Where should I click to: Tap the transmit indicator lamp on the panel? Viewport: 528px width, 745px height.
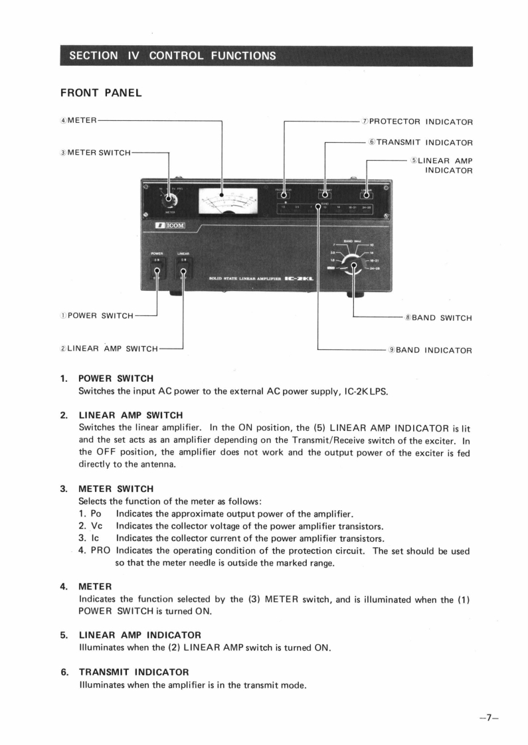pyautogui.click(x=325, y=195)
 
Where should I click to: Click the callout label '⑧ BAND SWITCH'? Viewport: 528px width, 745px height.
pyautogui.click(x=438, y=317)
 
